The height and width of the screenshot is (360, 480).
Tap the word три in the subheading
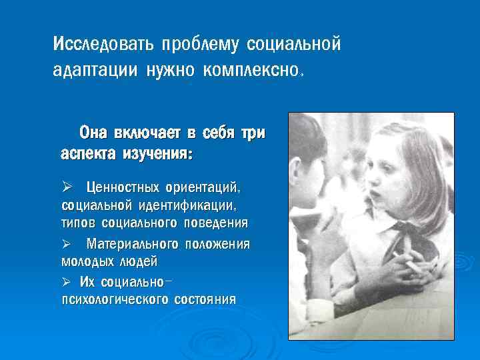(x=252, y=133)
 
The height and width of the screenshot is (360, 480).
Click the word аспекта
(x=87, y=154)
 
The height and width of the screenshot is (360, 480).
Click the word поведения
(x=215, y=222)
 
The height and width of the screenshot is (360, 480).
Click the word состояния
(x=204, y=300)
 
